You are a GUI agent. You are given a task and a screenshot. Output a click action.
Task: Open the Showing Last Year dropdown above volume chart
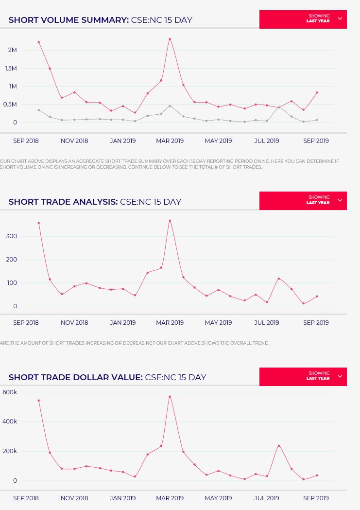coord(303,19)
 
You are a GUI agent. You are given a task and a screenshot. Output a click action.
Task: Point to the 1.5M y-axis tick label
coord(11,68)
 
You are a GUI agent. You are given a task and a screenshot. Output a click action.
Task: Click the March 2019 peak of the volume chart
coord(170,39)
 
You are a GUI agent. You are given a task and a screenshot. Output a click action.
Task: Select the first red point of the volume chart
coord(39,42)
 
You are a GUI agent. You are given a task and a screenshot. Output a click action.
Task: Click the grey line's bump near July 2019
coord(279,107)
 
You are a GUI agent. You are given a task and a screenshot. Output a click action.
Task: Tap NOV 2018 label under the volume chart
coord(74,141)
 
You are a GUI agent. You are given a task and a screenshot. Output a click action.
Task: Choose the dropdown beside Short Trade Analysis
coord(303,200)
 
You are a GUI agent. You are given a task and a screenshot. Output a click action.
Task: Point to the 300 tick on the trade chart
coord(12,236)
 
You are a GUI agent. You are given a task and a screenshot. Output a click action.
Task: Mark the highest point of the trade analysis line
coord(170,221)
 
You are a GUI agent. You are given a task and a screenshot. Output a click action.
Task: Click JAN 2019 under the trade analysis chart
coord(122,322)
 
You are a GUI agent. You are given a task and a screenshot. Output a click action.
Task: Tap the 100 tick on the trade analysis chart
coord(12,283)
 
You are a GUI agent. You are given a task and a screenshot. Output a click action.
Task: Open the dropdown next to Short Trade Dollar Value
coord(303,376)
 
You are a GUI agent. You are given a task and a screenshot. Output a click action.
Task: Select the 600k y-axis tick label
coord(10,392)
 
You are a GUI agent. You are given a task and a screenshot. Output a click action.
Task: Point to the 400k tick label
coord(10,422)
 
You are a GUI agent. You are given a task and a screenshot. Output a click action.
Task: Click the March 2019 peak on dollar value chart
coord(170,397)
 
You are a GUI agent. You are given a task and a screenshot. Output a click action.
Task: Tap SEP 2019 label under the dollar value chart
coord(316,498)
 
